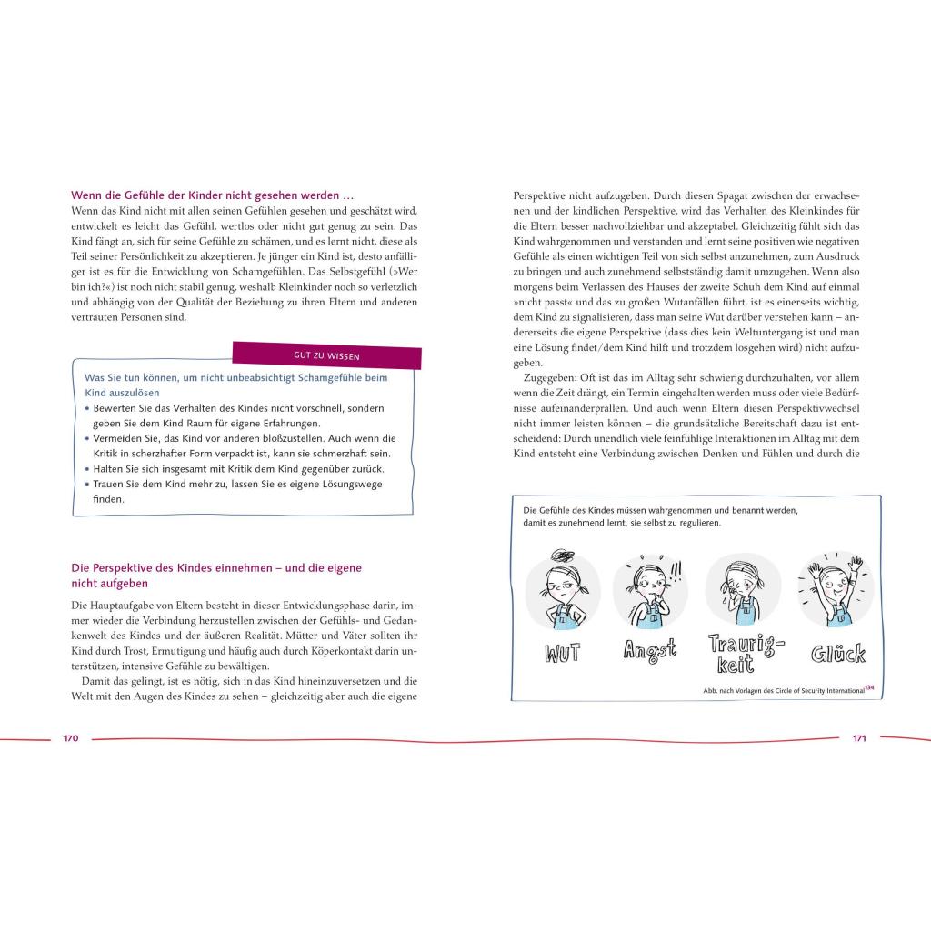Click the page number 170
tap(71, 738)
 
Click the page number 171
tap(859, 738)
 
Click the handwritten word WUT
tap(562, 653)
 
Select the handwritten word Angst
tap(649, 651)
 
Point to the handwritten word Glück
tap(836, 652)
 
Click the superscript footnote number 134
tap(869, 688)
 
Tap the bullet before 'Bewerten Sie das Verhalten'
tap(87, 408)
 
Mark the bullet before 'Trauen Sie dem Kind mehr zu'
tap(87, 485)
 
